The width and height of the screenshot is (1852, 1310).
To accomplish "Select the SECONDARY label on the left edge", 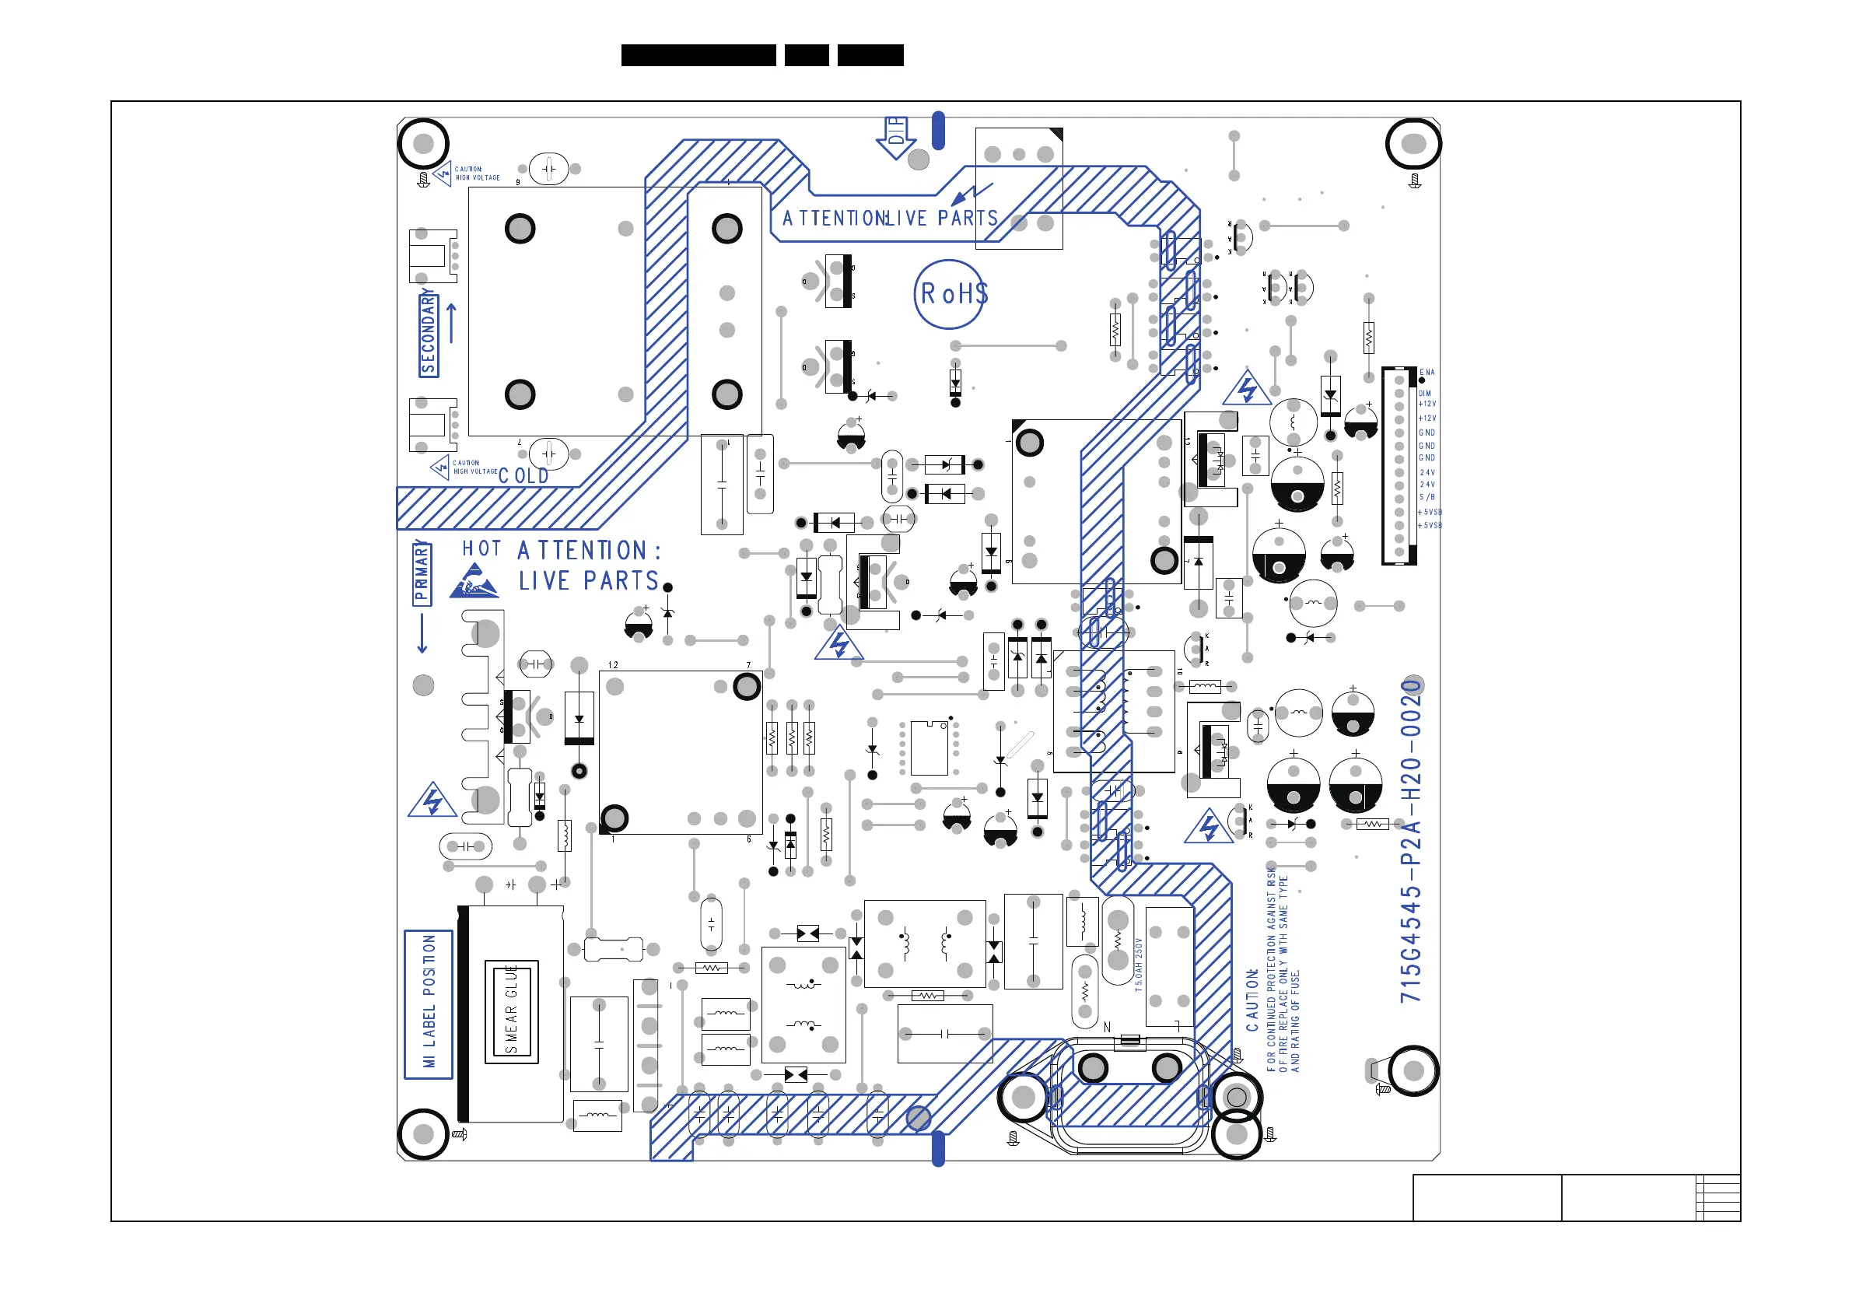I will pos(429,335).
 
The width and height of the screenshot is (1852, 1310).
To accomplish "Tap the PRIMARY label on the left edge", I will pos(422,573).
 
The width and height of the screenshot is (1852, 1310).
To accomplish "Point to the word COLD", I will pos(523,476).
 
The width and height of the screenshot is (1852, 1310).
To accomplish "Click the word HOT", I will pos(481,549).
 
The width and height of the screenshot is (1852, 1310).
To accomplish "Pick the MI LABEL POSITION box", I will pos(429,1004).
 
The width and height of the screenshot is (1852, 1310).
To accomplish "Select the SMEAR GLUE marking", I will pos(511,1011).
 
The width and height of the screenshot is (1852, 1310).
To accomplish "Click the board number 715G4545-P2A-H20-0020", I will pos(1411,842).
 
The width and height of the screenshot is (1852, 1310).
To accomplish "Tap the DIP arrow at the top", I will pos(895,137).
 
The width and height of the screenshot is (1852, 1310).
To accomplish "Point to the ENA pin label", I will pos(1427,373).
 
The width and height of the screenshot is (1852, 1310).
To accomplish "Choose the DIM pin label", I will pos(1424,394).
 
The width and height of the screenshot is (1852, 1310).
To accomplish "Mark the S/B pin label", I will pos(1427,498).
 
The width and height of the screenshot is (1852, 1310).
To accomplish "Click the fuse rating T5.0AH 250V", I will pos(1139,964).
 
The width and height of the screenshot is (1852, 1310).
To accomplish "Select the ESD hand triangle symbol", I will pos(474,582).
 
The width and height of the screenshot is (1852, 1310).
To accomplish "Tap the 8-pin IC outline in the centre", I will pos(930,748).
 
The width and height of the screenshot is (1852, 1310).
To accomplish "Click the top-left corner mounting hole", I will pos(423,145).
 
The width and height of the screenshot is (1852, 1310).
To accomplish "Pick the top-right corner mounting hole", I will pos(1413,145).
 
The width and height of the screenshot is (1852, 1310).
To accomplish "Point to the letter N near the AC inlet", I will pos(1107,1027).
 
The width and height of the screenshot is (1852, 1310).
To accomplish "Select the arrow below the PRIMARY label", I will pos(421,633).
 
